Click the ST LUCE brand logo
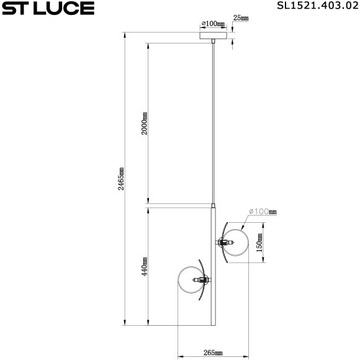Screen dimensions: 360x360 48,8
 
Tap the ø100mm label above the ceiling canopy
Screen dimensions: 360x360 213,24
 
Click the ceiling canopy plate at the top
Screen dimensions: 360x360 213,35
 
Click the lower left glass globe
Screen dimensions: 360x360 191,281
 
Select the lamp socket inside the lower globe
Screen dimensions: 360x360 203,281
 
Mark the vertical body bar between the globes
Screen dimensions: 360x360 214,267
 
